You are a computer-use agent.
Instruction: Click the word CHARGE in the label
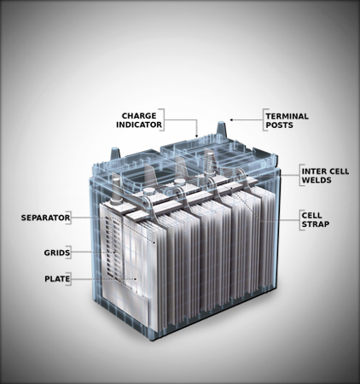(x=139, y=116)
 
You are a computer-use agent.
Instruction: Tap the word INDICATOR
(x=139, y=125)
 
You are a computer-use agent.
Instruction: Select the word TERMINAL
(x=287, y=116)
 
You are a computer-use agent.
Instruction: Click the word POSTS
(x=279, y=125)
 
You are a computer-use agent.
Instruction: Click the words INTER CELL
(x=325, y=172)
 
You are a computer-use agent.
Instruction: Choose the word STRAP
(x=316, y=224)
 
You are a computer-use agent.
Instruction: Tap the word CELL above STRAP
(x=311, y=215)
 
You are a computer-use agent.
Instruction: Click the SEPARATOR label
(x=45, y=218)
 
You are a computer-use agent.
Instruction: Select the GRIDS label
(x=57, y=253)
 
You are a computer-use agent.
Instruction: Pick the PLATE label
(x=57, y=279)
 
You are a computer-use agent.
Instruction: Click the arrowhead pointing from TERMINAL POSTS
(x=231, y=119)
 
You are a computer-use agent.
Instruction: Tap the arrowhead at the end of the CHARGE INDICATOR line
(x=196, y=136)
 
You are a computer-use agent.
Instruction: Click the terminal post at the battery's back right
(x=221, y=131)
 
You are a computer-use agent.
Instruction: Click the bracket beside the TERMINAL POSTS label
(x=264, y=119)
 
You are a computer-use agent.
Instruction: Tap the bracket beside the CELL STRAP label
(x=300, y=220)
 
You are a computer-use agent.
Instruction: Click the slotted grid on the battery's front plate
(x=113, y=248)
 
